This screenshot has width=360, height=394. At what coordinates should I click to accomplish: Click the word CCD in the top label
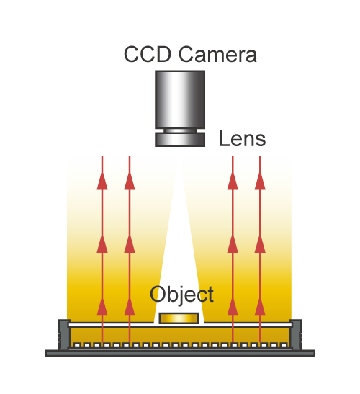(x=148, y=54)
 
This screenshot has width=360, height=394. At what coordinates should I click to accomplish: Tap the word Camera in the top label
(x=217, y=54)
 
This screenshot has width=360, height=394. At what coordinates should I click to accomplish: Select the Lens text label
(x=242, y=138)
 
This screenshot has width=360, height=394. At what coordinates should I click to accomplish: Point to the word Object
(x=181, y=295)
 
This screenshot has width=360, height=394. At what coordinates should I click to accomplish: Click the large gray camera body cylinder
(x=180, y=99)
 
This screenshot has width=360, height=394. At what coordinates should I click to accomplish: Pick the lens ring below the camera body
(x=180, y=140)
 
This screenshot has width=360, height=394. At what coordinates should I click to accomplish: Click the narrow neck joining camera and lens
(x=180, y=130)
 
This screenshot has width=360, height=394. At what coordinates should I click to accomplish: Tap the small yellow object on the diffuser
(x=179, y=318)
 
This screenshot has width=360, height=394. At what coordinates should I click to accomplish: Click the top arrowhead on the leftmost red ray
(x=102, y=181)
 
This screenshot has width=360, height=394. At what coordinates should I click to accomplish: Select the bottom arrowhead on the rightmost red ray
(x=260, y=306)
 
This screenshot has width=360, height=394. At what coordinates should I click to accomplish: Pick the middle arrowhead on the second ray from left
(x=130, y=243)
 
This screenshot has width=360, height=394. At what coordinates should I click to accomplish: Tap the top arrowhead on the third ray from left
(x=233, y=181)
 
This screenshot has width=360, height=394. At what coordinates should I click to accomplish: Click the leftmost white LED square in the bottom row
(x=77, y=346)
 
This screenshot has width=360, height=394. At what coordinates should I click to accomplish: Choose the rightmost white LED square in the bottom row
(x=284, y=346)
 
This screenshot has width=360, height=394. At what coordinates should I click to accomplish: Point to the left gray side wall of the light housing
(x=64, y=334)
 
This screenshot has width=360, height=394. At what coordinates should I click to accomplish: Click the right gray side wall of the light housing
(x=296, y=334)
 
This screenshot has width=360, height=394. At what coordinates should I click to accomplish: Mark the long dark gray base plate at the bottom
(x=180, y=353)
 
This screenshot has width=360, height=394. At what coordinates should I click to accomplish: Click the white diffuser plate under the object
(x=180, y=325)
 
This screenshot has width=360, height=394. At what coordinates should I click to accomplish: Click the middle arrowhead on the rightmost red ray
(x=260, y=243)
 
